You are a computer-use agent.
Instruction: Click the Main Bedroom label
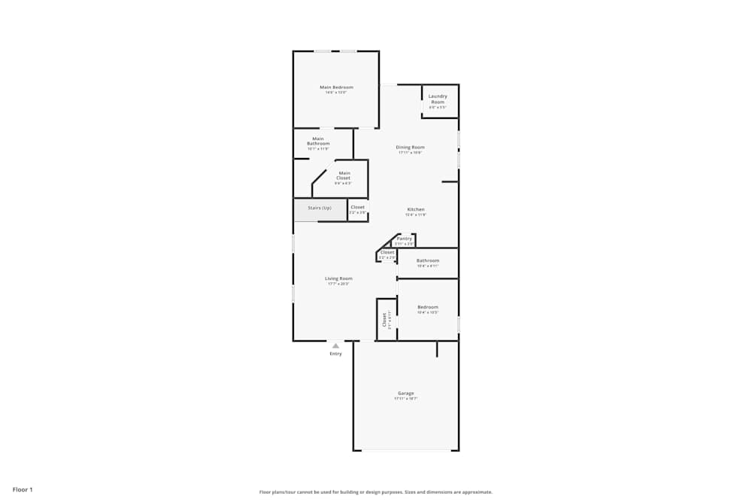click(x=336, y=87)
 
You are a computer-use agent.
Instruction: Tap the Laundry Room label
click(x=438, y=99)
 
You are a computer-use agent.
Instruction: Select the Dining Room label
click(x=411, y=148)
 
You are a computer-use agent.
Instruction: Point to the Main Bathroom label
click(x=318, y=141)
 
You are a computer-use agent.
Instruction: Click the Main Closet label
click(x=344, y=175)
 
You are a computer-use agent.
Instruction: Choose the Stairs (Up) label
click(x=320, y=208)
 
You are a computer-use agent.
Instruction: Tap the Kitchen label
click(x=416, y=209)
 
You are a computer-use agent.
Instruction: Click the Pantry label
click(x=405, y=239)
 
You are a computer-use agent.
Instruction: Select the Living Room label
click(x=339, y=278)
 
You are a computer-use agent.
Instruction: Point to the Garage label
click(x=406, y=393)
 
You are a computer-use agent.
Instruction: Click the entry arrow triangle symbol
click(x=335, y=346)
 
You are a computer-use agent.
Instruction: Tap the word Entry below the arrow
click(x=335, y=354)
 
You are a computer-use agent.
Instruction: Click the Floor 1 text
click(x=22, y=489)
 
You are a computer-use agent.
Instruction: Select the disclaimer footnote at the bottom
click(x=376, y=492)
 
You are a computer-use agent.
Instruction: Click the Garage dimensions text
click(x=406, y=399)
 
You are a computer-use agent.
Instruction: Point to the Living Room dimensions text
click(x=339, y=284)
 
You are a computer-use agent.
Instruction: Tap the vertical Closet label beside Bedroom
click(x=384, y=319)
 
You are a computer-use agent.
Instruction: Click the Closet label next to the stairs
click(x=358, y=207)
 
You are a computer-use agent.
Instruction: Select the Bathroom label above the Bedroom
click(x=427, y=260)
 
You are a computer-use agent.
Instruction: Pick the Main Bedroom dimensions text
click(x=336, y=93)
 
